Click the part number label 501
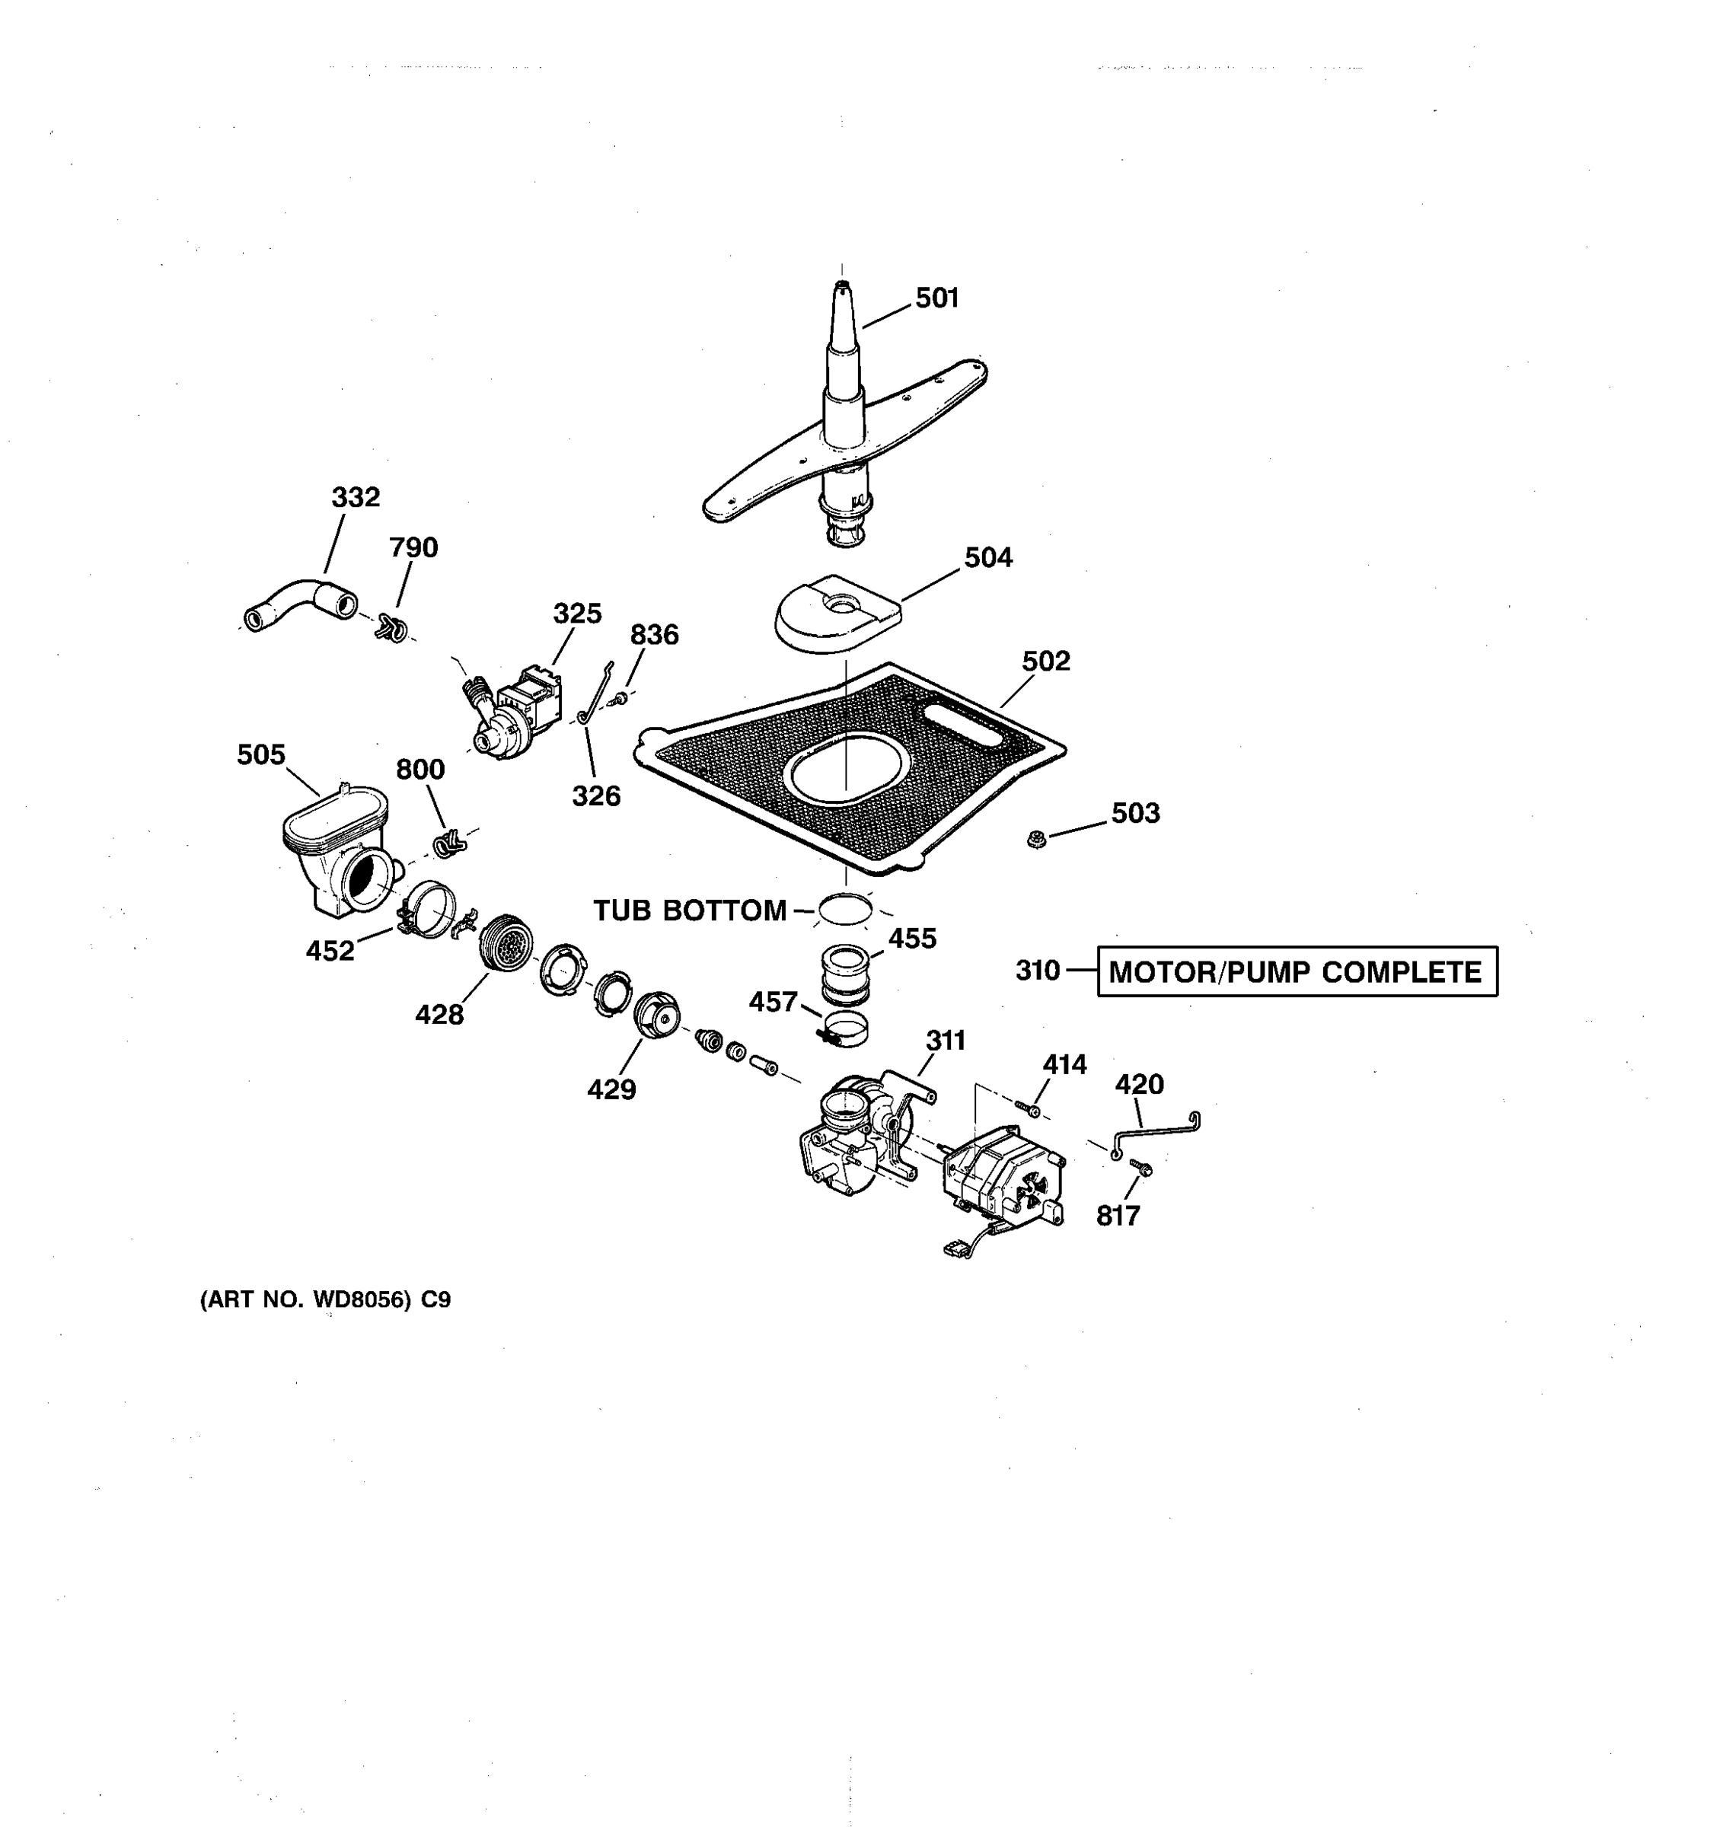pos(936,298)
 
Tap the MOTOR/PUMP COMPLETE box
pos(1297,971)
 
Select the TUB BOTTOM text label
pos(689,910)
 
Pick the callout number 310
pos(1038,971)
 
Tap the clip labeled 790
pos(391,630)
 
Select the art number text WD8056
pos(360,1299)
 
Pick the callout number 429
pos(611,1089)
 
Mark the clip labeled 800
pos(447,842)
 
